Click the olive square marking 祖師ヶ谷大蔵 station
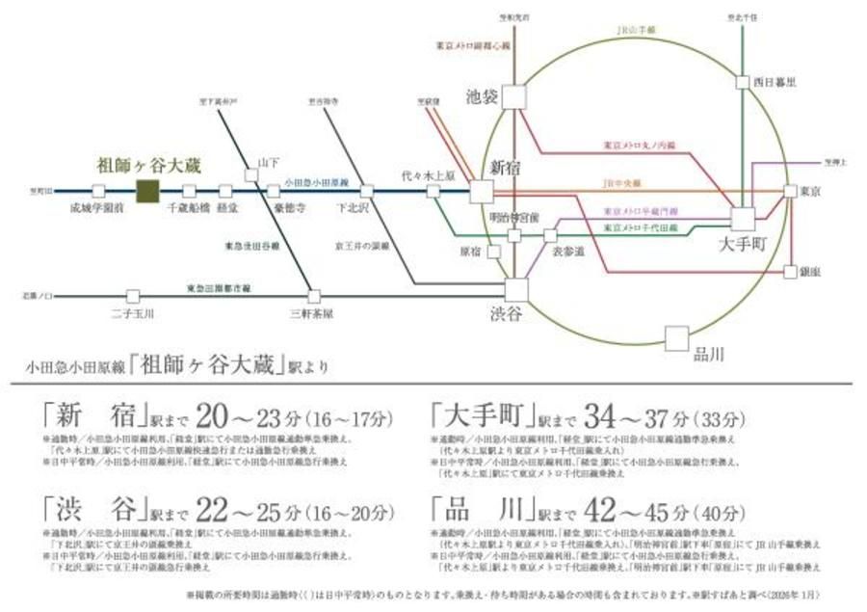147,191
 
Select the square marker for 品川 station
677,337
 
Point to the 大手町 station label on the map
742,245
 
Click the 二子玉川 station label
133,313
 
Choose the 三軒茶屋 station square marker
314,296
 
